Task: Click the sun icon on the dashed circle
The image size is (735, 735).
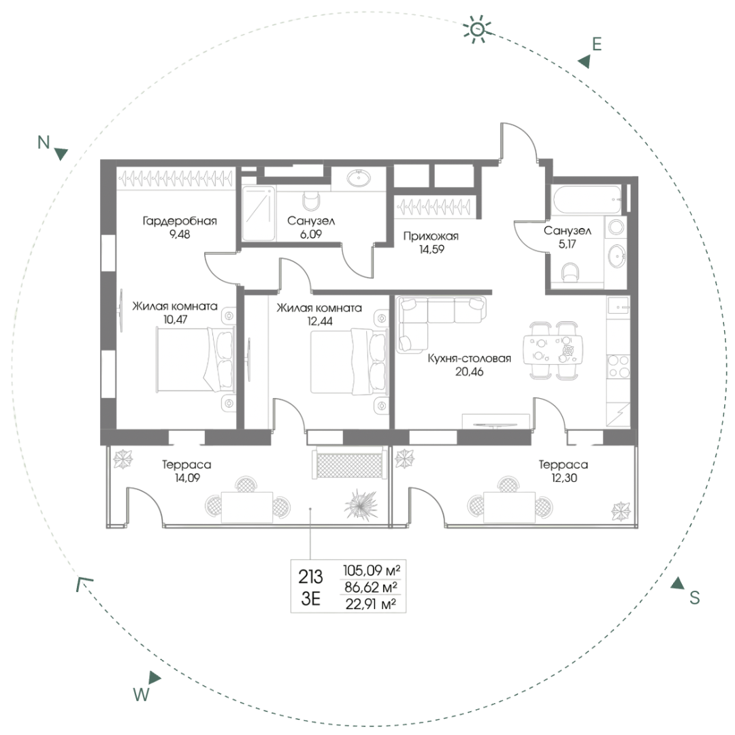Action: coord(477,29)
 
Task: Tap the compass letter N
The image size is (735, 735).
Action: coord(44,142)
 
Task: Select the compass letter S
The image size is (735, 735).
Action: coord(694,598)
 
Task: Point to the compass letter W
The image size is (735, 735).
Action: coord(141,693)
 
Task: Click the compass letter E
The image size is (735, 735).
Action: coord(596,44)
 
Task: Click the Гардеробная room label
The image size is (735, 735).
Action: coord(180,220)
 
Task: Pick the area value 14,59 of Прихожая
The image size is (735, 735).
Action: coord(431,249)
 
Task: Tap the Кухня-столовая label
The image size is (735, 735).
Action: coord(469,359)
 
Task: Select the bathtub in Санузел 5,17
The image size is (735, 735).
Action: coord(587,199)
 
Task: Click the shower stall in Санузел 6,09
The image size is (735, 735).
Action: coord(259,213)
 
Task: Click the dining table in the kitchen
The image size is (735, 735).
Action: coord(557,350)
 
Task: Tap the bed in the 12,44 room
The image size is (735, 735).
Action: coord(349,361)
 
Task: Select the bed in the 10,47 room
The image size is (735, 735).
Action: coord(195,359)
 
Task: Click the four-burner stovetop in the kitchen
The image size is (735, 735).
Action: coord(618,366)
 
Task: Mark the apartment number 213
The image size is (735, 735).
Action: coord(311,576)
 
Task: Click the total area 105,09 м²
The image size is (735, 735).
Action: coord(372,570)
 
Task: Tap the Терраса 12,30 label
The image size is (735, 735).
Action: coord(563,471)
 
